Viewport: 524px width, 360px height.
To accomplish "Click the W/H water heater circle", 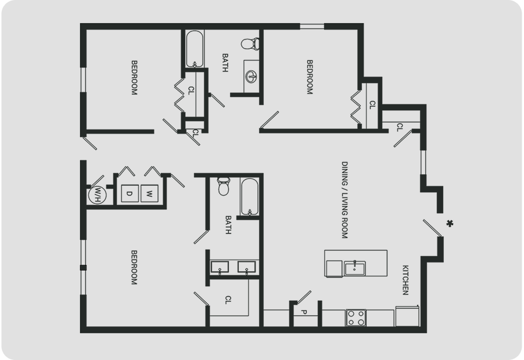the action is click(97, 195).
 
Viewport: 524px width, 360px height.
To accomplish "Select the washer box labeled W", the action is click(149, 193).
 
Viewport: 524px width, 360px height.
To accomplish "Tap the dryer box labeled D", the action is click(130, 193).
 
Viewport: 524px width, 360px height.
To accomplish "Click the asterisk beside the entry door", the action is click(450, 224).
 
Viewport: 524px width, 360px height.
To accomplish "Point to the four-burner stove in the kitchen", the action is click(356, 318).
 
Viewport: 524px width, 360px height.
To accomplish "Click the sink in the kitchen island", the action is click(354, 268).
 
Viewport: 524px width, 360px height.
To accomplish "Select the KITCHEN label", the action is click(405, 280).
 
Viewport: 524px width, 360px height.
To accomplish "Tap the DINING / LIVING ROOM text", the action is click(344, 200).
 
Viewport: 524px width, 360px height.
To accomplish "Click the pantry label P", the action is click(304, 312).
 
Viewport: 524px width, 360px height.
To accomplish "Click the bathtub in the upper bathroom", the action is click(194, 49).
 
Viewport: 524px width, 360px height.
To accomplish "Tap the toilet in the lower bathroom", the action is click(224, 186).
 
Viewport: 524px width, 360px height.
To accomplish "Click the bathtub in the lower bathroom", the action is click(249, 197).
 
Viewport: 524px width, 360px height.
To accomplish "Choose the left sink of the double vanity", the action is click(220, 268).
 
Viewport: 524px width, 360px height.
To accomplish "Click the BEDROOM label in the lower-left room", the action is click(134, 268).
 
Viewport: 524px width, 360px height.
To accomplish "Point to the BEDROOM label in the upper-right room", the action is click(310, 77).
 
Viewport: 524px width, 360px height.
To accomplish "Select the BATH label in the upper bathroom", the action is click(225, 63).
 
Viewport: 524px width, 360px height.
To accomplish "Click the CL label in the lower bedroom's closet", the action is click(228, 300).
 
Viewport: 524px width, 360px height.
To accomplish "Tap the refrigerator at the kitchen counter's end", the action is click(407, 316).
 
